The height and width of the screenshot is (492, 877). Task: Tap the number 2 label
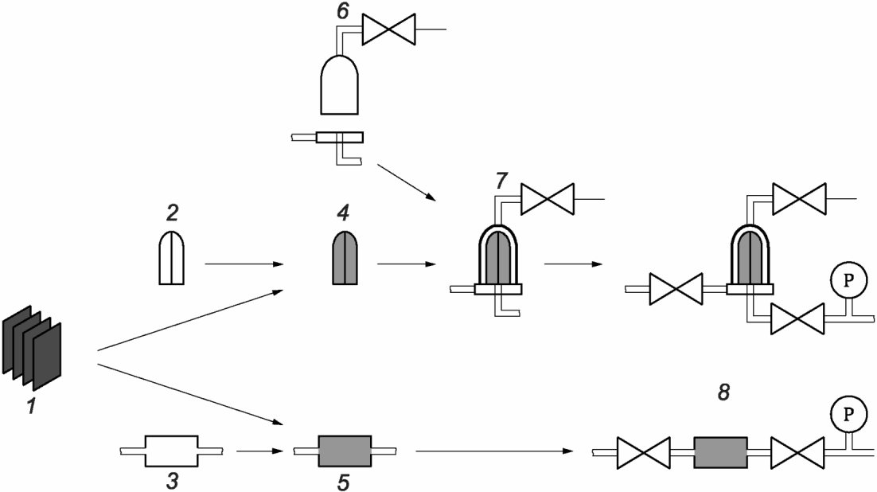[172, 214]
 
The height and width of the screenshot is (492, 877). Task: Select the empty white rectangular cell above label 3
[170, 451]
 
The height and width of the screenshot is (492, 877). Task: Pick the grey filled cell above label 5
[345, 451]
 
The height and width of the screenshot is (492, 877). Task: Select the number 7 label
[500, 181]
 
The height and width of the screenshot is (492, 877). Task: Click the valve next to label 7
[547, 197]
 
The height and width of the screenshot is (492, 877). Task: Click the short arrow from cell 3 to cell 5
[261, 451]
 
